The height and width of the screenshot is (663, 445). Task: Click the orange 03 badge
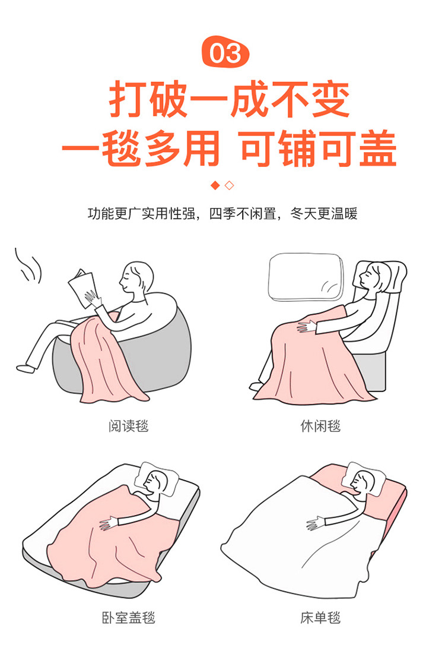pos(225,52)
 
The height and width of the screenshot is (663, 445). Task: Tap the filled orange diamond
pos(216,185)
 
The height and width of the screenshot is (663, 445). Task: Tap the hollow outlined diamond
pos(229,185)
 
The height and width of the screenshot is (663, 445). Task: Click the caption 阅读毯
pos(128,425)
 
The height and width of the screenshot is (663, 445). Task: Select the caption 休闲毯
pos(320,425)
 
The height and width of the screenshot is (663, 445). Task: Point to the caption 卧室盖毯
pos(128,618)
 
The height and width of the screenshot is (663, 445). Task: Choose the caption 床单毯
pos(320,618)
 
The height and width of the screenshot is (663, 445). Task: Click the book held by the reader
pos(82,288)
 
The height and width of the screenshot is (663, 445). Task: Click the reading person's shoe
pos(26,368)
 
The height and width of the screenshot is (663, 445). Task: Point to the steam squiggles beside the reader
pos(28,266)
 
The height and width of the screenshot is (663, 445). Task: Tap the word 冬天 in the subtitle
pos(304,213)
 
